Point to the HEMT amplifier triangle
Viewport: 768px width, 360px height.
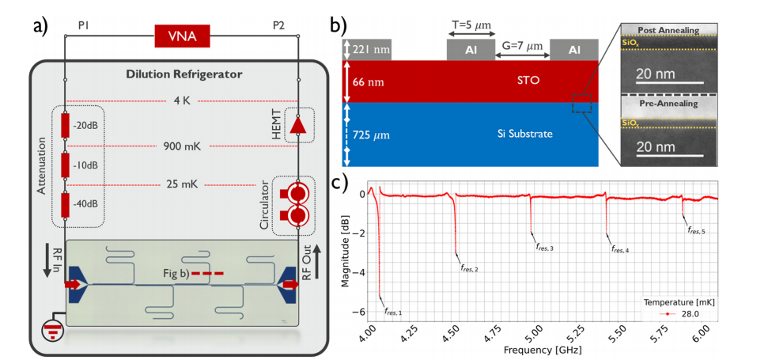pos(298,127)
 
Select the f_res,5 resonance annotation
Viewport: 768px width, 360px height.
pos(697,230)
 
